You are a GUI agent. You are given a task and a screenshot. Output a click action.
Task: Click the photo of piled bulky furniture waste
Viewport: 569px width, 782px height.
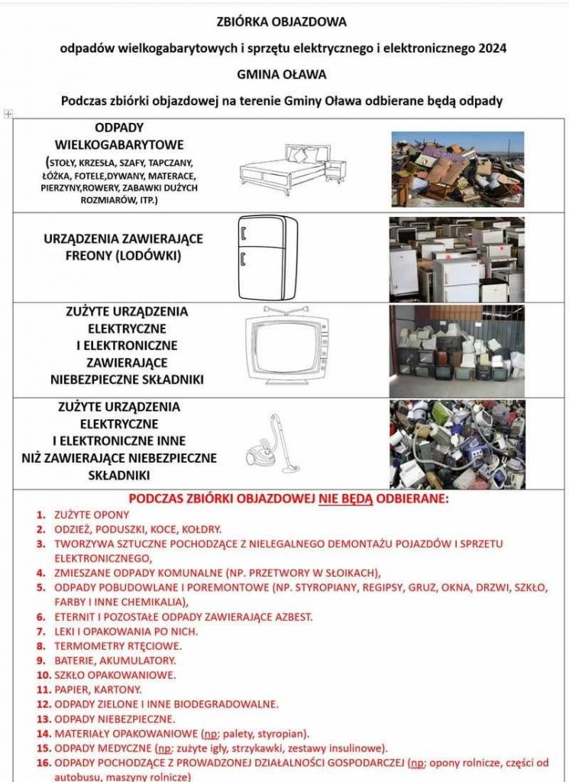(x=457, y=169)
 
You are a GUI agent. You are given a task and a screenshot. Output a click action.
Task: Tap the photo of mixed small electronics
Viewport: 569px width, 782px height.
(x=457, y=444)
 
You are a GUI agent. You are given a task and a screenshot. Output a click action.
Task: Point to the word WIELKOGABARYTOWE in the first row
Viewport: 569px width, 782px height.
(x=119, y=144)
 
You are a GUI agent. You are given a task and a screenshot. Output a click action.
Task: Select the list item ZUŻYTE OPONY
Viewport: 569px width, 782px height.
(x=92, y=515)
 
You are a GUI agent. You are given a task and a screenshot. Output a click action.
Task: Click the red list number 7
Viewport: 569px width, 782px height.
(x=41, y=632)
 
